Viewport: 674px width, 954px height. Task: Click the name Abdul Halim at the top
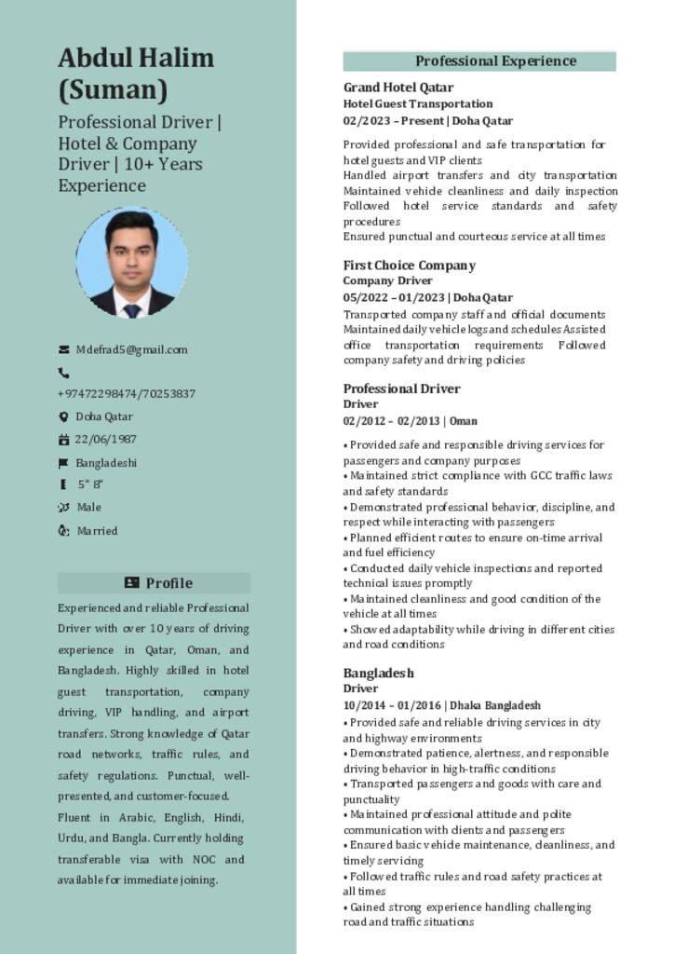[x=136, y=58]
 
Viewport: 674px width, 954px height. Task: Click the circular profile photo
[x=131, y=262]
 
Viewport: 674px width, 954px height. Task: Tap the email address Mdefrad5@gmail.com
[x=131, y=350]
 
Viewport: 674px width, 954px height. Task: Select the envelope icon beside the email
[x=64, y=350]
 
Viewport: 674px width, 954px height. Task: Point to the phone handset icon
[x=63, y=373]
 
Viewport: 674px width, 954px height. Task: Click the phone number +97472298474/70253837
[x=127, y=394]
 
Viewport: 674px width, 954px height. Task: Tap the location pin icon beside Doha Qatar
[x=64, y=417]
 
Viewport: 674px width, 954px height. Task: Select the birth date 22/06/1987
[x=105, y=440]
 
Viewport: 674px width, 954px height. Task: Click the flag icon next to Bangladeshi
[x=64, y=463]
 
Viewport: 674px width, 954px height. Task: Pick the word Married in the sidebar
[x=98, y=531]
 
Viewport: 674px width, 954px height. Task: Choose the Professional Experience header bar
[x=479, y=61]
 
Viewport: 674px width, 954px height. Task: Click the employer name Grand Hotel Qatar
[x=398, y=88]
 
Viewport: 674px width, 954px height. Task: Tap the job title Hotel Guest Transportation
[x=418, y=103]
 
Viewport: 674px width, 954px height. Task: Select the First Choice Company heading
[x=409, y=265]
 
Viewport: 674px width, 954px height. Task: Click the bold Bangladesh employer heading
[x=378, y=673]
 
